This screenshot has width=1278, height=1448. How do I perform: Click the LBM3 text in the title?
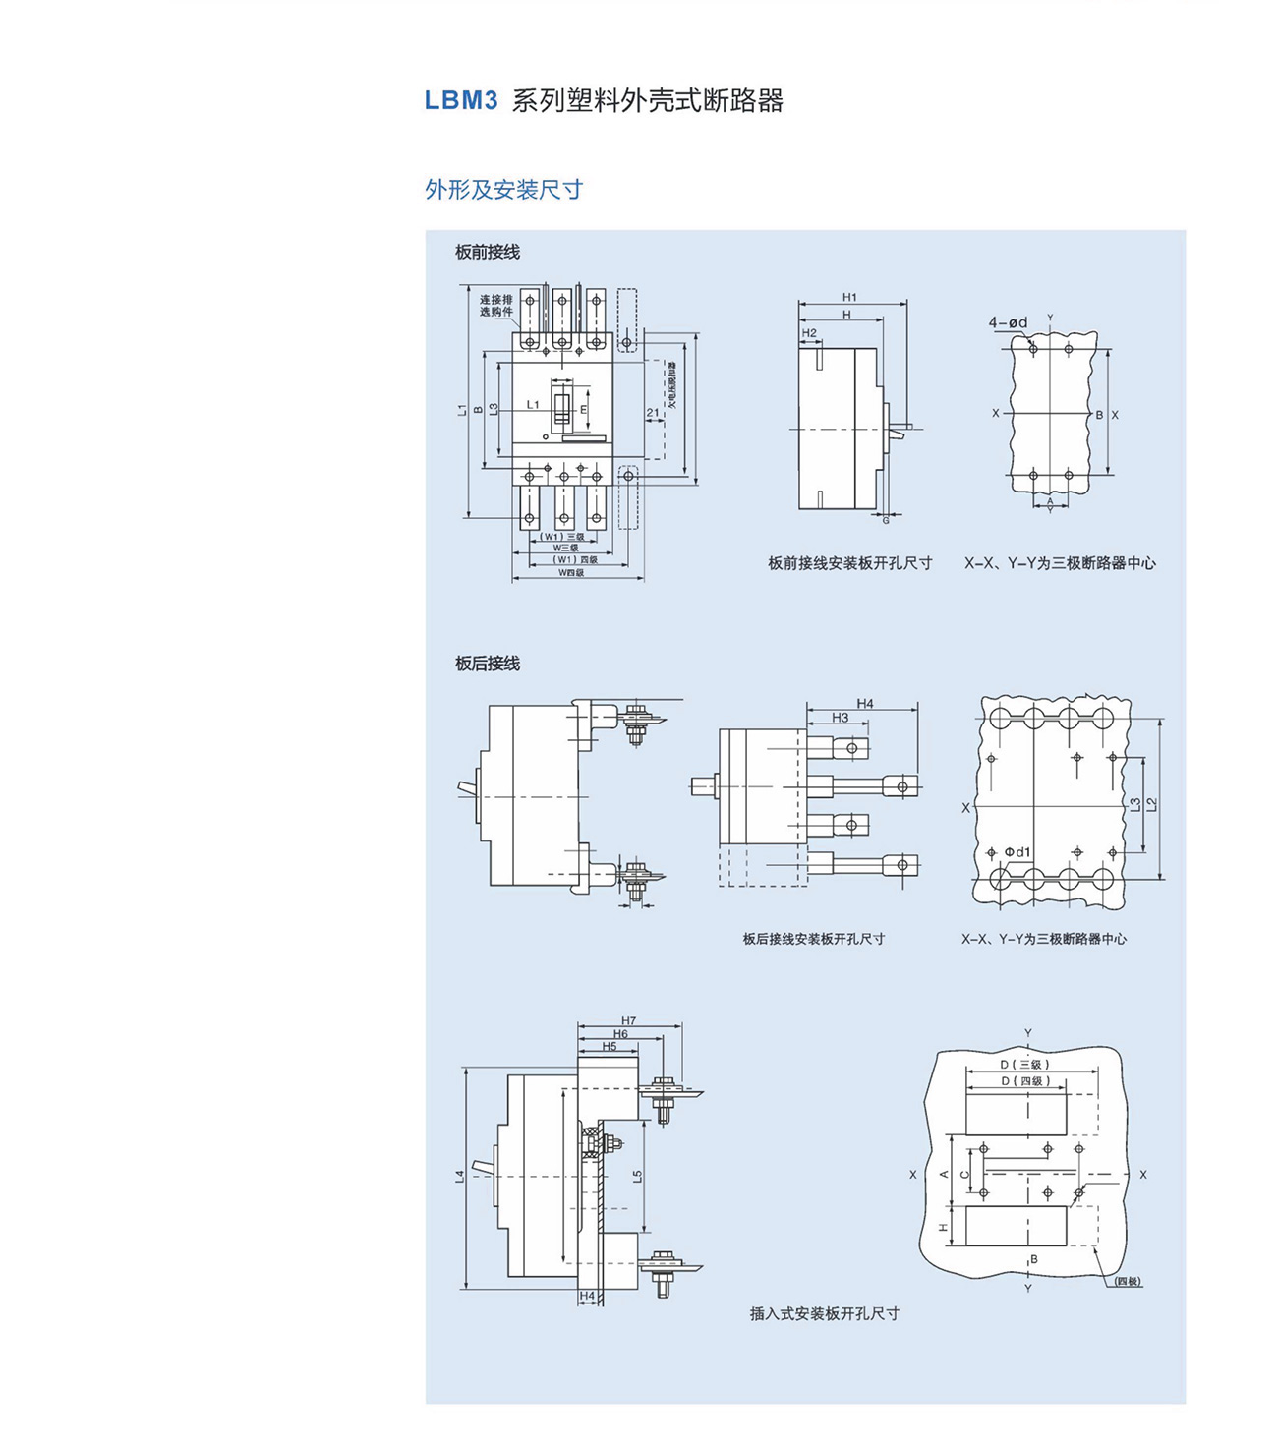point(461,101)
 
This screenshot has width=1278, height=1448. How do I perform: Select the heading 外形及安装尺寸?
point(503,190)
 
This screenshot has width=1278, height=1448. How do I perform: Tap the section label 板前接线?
point(487,253)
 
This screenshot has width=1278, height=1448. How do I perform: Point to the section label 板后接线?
point(487,665)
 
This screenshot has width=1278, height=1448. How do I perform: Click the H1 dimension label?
point(849,297)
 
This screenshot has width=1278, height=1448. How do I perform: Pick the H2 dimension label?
point(809,333)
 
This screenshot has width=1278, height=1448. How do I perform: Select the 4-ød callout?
point(1008,322)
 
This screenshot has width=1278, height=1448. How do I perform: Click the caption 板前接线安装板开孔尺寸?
point(849,563)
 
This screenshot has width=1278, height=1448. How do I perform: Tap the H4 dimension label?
point(864,704)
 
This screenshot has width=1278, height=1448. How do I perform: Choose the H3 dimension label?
point(840,718)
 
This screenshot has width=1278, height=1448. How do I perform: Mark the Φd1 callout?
point(1017,851)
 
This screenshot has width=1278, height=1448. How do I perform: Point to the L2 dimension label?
point(1151,804)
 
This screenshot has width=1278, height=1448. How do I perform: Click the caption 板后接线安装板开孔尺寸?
point(813,939)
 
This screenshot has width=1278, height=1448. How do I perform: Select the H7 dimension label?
point(629,1020)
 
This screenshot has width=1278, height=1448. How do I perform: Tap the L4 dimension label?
point(459,1176)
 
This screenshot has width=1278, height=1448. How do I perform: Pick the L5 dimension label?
point(637,1176)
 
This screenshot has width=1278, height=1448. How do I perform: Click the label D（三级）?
point(1025,1065)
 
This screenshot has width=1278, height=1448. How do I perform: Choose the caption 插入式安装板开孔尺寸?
point(824,1313)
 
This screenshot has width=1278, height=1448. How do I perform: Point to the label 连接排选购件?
point(496,306)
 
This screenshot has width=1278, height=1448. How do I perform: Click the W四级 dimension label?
point(571,572)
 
